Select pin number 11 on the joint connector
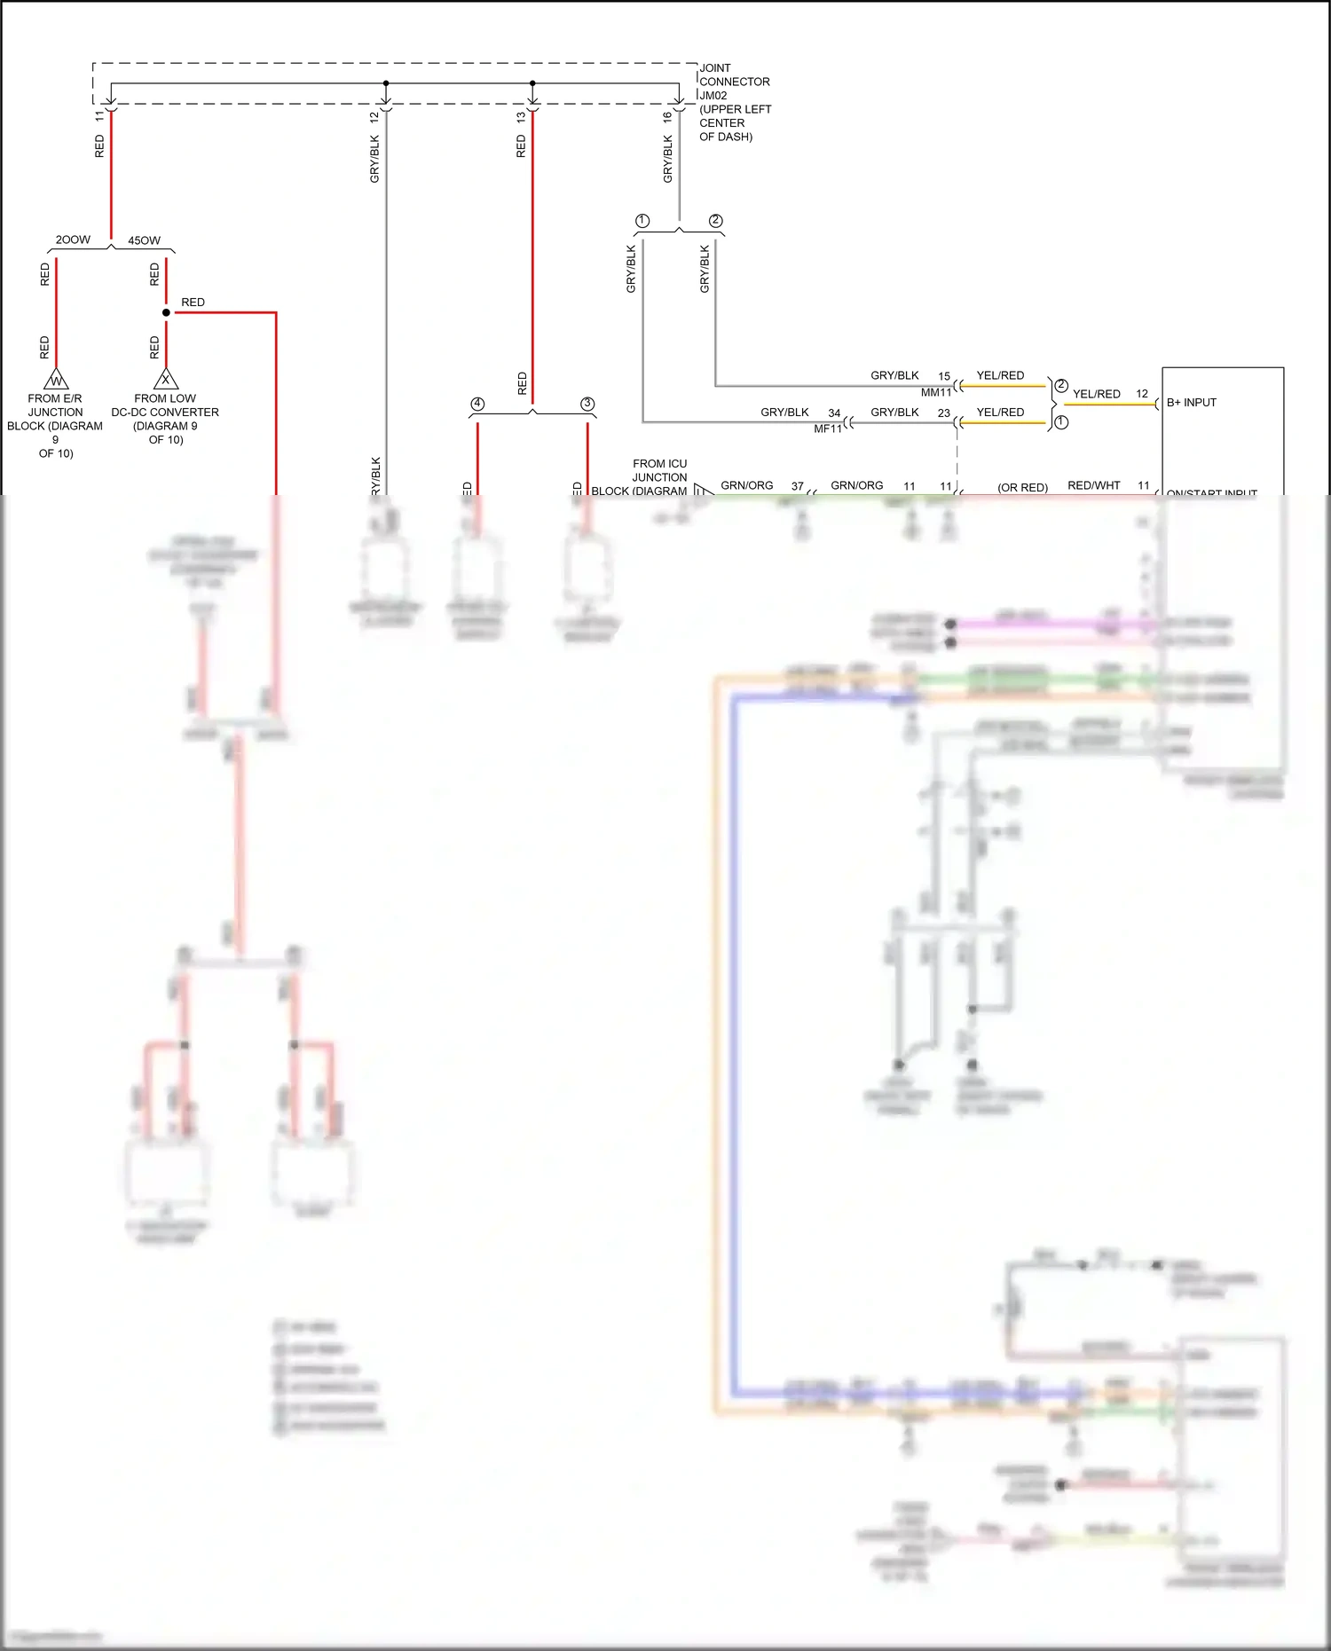pyautogui.click(x=99, y=115)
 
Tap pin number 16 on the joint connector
pyautogui.click(x=667, y=115)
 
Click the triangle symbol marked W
pyautogui.click(x=56, y=381)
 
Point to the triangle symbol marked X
pyautogui.click(x=166, y=380)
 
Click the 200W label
pyautogui.click(x=73, y=240)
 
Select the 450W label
pyautogui.click(x=145, y=240)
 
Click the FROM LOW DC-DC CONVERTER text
pyautogui.click(x=165, y=419)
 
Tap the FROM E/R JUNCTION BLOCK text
pyautogui.click(x=55, y=425)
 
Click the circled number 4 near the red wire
pyautogui.click(x=477, y=404)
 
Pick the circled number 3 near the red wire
pyautogui.click(x=587, y=404)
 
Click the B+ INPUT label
pyautogui.click(x=1192, y=403)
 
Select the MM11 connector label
pyautogui.click(x=935, y=392)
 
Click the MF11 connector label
pyautogui.click(x=828, y=428)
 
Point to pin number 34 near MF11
pyautogui.click(x=834, y=413)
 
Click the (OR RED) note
pyautogui.click(x=1022, y=488)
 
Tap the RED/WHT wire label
pyautogui.click(x=1094, y=485)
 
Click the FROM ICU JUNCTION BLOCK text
pyautogui.click(x=659, y=476)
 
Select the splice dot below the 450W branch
pyautogui.click(x=166, y=312)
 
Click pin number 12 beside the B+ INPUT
pyautogui.click(x=1142, y=394)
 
